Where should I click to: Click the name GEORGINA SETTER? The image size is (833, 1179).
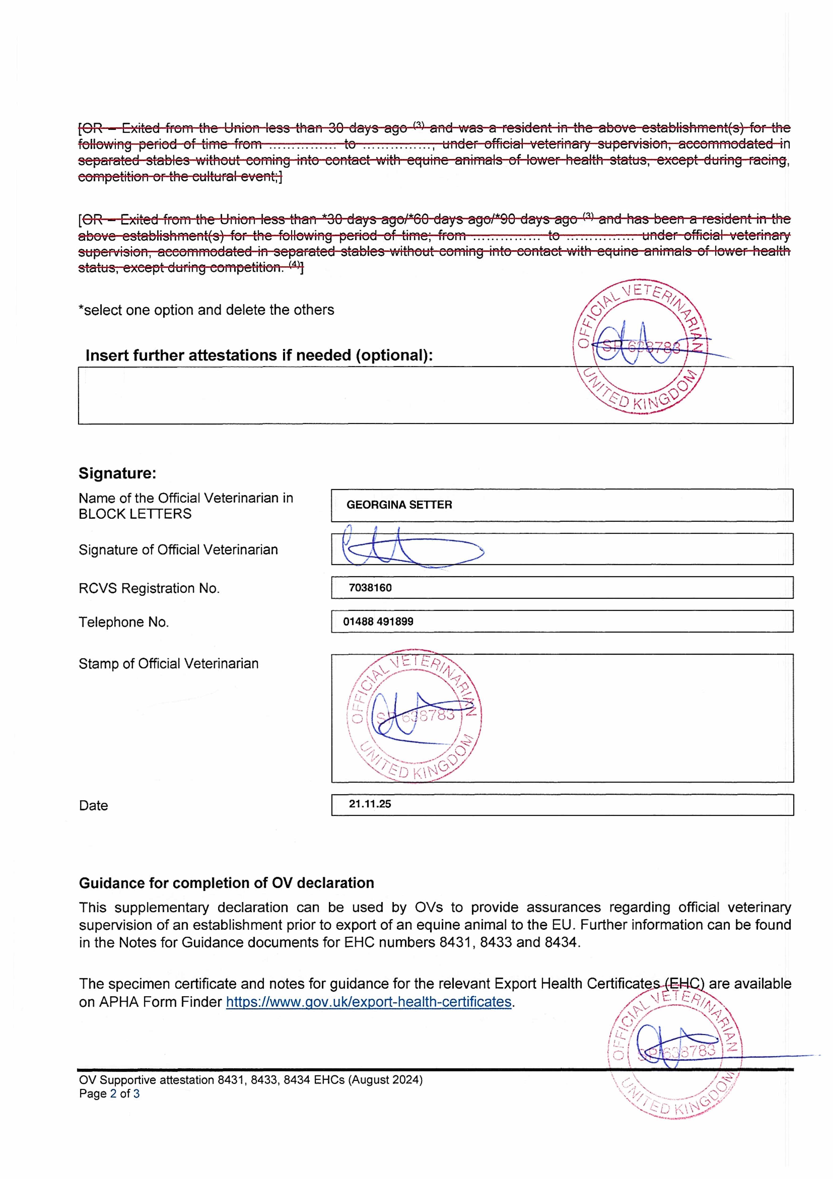[399, 505]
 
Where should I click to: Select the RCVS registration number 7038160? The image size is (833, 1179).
[370, 587]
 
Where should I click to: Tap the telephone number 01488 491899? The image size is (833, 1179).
[378, 621]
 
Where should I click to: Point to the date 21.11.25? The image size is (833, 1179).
[370, 804]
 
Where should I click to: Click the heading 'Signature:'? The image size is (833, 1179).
[117, 473]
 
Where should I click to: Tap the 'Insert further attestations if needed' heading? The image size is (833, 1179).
[259, 355]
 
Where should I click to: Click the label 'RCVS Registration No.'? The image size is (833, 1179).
[149, 588]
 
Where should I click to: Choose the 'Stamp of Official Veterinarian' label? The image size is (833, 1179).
[168, 664]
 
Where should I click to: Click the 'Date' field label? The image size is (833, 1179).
[93, 805]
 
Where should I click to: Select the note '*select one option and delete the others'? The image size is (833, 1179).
[206, 310]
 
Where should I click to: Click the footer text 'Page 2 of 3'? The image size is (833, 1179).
[109, 1094]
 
